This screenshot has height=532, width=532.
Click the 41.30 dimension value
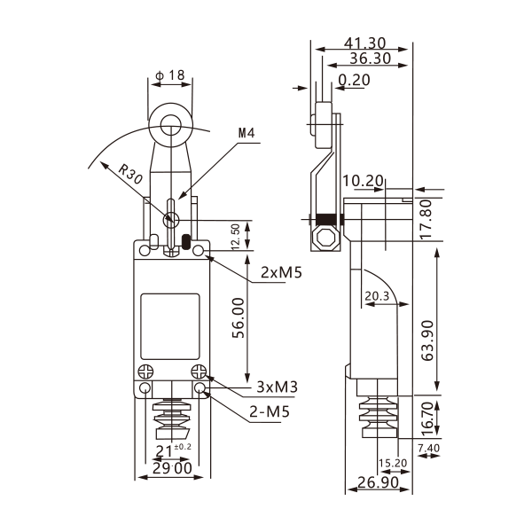365,43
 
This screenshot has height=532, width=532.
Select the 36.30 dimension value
371,59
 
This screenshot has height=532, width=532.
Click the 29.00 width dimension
171,468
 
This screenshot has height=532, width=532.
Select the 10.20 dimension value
363,182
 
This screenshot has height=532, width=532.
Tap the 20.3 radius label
376,296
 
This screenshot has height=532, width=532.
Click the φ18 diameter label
169,76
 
